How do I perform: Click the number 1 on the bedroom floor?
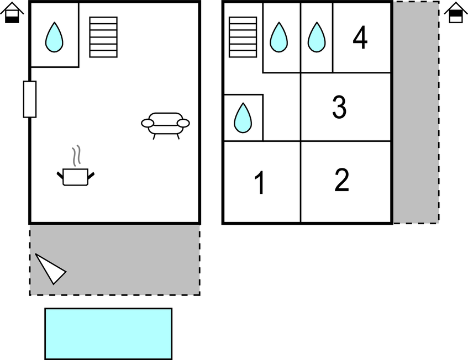(x=260, y=183)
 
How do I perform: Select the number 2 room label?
(x=342, y=180)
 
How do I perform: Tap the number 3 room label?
(x=339, y=107)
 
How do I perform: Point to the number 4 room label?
(x=360, y=38)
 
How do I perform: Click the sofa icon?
(x=165, y=125)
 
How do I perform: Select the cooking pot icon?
(x=76, y=177)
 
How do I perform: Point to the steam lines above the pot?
(x=76, y=155)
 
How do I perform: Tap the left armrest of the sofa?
(x=148, y=123)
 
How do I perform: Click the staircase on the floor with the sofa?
(x=103, y=37)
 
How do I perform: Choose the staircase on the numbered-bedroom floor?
(x=243, y=37)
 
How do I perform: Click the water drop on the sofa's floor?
(x=54, y=38)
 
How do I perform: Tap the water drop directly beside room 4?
(x=317, y=38)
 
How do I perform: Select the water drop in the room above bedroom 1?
(x=243, y=118)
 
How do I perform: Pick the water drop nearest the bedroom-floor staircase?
(x=279, y=38)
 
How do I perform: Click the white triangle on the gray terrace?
(x=50, y=269)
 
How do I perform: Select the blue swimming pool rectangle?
(x=108, y=333)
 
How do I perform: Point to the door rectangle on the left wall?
(x=30, y=99)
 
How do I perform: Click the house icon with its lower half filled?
(x=12, y=13)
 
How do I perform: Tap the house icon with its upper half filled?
(x=456, y=13)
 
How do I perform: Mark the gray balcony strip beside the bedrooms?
(x=416, y=112)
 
